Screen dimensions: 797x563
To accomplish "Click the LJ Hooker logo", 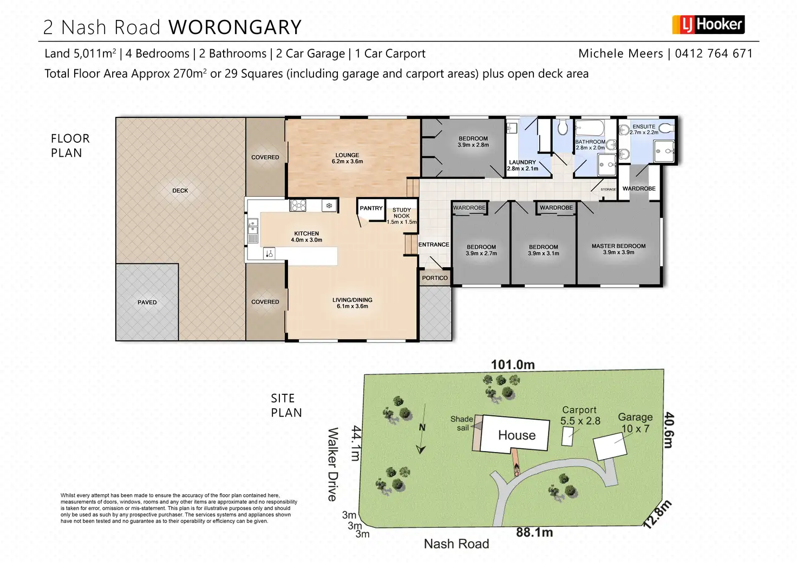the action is pyautogui.click(x=708, y=24).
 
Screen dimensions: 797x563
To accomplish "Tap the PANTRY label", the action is pyautogui.click(x=371, y=208).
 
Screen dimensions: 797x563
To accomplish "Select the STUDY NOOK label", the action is pyautogui.click(x=402, y=213).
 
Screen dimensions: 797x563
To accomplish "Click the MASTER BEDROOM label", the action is pyautogui.click(x=618, y=246).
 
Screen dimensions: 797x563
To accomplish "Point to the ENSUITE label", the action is pyautogui.click(x=644, y=127).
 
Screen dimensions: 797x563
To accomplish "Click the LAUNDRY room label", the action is pyautogui.click(x=522, y=162).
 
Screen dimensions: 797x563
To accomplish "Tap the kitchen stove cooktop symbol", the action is pyautogui.click(x=298, y=206).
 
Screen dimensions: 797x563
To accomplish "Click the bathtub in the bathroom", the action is pyautogui.click(x=590, y=129).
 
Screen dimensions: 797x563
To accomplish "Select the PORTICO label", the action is pyautogui.click(x=435, y=278).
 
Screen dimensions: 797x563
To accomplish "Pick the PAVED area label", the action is pyautogui.click(x=147, y=302).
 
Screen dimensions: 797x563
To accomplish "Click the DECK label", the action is pyautogui.click(x=180, y=190).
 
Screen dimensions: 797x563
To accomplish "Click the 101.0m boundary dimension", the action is pyautogui.click(x=513, y=365).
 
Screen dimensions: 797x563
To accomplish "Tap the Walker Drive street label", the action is pyautogui.click(x=333, y=464).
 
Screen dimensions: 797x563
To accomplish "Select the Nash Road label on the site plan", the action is pyautogui.click(x=456, y=544).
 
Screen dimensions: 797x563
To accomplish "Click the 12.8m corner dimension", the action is pyautogui.click(x=657, y=514).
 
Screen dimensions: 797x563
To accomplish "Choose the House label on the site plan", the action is pyautogui.click(x=517, y=435).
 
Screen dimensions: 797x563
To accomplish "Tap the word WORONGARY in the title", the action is pyautogui.click(x=235, y=27).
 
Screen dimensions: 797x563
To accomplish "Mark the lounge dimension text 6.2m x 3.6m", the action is pyautogui.click(x=347, y=162).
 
